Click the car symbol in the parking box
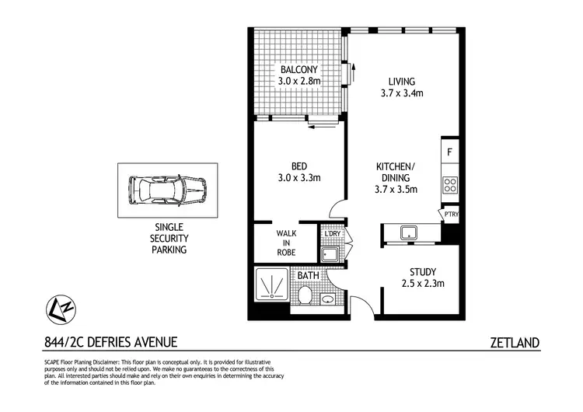point(168,190)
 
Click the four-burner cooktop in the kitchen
point(449,185)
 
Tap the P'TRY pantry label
point(451,215)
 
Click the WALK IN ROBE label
point(286,242)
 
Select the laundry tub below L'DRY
point(330,253)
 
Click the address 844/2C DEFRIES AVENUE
point(111,342)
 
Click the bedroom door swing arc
point(337,207)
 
